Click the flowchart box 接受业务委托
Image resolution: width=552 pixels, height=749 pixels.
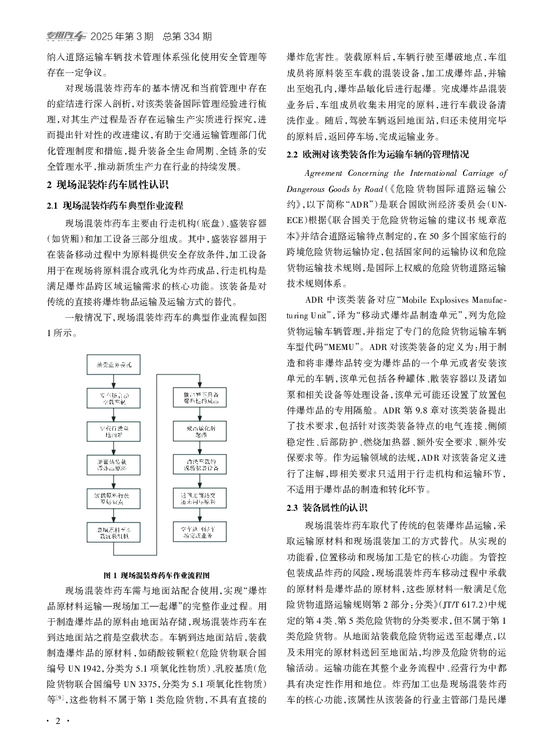113,365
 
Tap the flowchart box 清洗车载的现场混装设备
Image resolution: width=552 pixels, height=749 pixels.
199,464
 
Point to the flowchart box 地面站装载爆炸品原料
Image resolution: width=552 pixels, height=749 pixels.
113,464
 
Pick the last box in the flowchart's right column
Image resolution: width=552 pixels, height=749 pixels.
199,531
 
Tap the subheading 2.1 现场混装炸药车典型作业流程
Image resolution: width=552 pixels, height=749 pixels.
115,205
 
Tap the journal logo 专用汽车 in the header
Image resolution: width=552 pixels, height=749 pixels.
66,37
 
